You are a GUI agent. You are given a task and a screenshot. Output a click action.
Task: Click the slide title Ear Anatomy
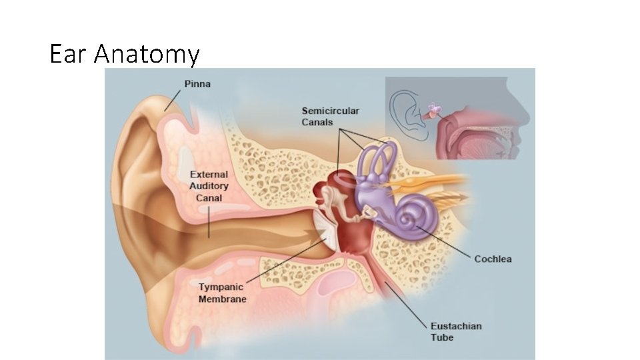(x=125, y=53)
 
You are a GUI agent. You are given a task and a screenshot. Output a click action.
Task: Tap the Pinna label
(x=197, y=84)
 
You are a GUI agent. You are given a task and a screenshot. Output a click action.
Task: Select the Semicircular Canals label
(x=330, y=117)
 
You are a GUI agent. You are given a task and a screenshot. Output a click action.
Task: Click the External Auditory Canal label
(x=209, y=186)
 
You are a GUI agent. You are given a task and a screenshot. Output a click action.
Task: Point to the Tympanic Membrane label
(x=222, y=293)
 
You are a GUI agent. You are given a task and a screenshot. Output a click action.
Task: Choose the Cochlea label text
(x=493, y=259)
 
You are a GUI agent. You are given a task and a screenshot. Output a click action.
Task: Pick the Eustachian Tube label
(x=456, y=331)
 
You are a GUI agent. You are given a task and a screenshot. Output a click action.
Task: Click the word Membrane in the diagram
(x=222, y=299)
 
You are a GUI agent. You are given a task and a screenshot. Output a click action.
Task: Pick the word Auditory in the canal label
(x=209, y=186)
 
